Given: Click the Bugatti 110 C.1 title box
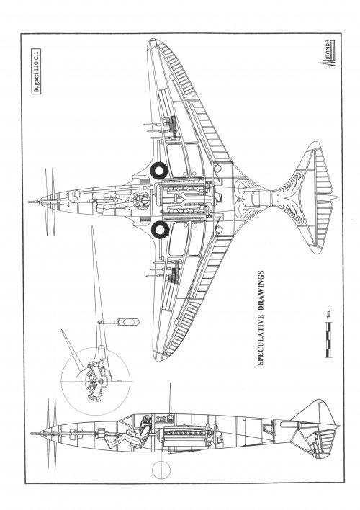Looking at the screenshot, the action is (x=37, y=71).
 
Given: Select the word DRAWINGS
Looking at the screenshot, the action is (x=261, y=292).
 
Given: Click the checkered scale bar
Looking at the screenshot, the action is (x=329, y=339).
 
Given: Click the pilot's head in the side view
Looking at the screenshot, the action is (x=146, y=420).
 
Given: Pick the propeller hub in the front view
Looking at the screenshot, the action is (x=101, y=381).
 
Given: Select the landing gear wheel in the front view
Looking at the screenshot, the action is (x=128, y=322).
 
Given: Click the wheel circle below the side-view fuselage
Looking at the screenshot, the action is (x=161, y=470).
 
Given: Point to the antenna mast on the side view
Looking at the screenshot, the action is (x=170, y=399).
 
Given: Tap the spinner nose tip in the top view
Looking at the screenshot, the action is (x=30, y=202).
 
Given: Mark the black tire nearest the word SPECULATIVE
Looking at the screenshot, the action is (x=161, y=229).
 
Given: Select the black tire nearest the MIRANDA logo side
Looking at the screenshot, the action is (x=159, y=171).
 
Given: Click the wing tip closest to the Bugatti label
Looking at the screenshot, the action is (x=152, y=41).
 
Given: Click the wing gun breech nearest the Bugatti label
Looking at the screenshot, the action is (x=171, y=123).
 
